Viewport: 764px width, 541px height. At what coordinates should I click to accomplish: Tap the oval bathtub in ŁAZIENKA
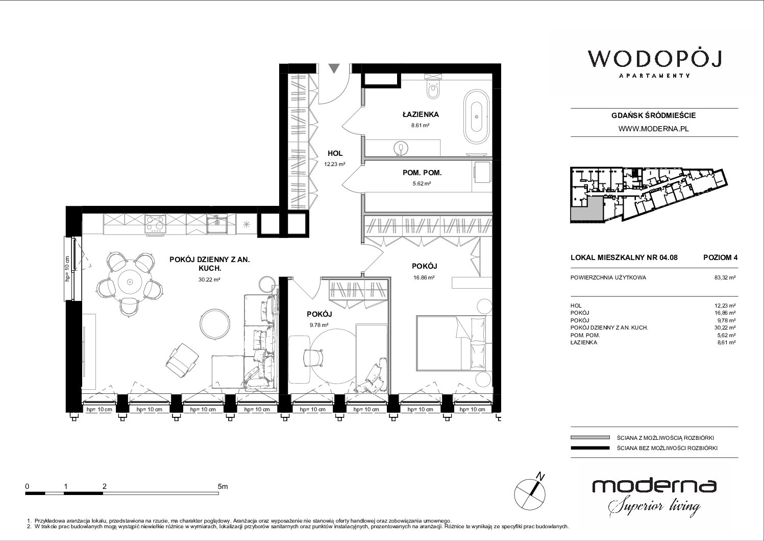(477, 117)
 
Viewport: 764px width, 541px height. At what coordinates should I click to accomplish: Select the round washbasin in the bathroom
(401, 148)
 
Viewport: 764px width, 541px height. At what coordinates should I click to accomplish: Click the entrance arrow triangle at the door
(334, 68)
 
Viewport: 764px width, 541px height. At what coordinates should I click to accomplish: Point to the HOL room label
(335, 154)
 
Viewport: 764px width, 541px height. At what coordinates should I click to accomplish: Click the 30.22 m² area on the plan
(209, 279)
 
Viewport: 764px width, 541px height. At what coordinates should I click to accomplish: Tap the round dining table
(130, 282)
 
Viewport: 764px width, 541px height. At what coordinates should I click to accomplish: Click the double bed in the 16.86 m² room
(454, 343)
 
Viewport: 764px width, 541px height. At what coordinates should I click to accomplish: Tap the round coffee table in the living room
(215, 324)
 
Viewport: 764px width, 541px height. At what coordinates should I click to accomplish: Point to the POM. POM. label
(422, 173)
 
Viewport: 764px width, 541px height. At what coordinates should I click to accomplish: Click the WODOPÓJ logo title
(654, 59)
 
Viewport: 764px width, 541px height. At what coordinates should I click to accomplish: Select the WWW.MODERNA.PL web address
(653, 129)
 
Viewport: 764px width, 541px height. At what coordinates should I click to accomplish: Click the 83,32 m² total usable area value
(725, 278)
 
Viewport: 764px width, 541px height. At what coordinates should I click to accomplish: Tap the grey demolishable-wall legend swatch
(590, 438)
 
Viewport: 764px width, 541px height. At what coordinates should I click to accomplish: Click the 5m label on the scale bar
(223, 486)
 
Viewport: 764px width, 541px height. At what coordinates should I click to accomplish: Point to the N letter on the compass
(540, 476)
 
